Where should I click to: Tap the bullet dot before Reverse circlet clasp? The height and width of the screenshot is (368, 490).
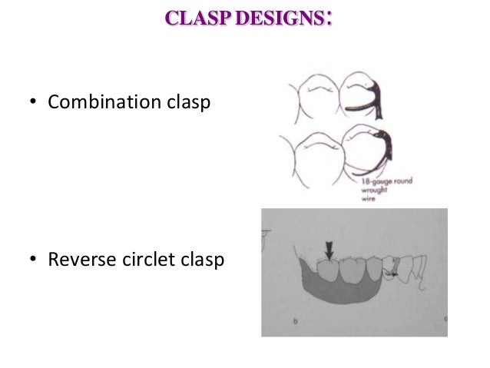pos(34,262)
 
